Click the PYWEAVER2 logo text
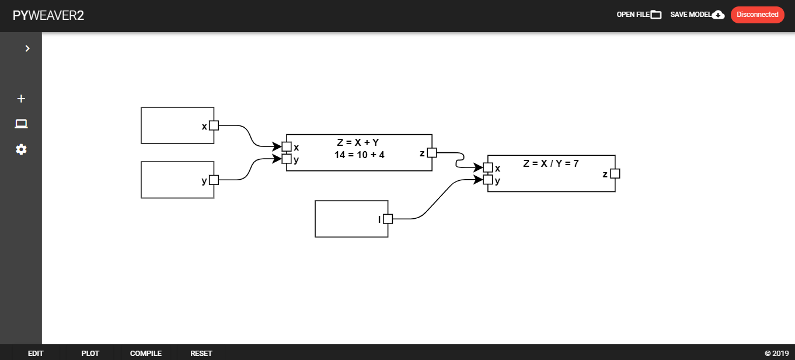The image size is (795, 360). (x=48, y=15)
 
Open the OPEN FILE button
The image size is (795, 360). (x=639, y=15)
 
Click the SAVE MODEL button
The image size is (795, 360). (x=698, y=15)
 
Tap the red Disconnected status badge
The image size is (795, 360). (x=758, y=15)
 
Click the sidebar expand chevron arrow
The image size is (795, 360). (x=27, y=48)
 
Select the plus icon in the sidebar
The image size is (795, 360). (x=21, y=99)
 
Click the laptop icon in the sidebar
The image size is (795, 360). (x=21, y=124)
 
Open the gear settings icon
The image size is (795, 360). (x=21, y=149)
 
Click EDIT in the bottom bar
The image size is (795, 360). (x=36, y=353)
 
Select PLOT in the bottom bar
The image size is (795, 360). (x=90, y=353)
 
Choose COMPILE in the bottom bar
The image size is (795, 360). (x=145, y=353)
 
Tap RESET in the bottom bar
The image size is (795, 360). (x=201, y=353)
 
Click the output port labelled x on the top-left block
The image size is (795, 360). (x=214, y=125)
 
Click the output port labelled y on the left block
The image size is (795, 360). (x=214, y=180)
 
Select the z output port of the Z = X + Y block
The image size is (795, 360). (x=432, y=153)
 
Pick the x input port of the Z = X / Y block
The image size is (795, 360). (x=488, y=167)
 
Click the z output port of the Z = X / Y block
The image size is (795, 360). (x=615, y=174)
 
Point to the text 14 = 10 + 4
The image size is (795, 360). (x=359, y=155)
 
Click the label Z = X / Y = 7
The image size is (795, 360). (x=551, y=163)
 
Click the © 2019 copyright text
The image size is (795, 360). (x=776, y=353)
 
